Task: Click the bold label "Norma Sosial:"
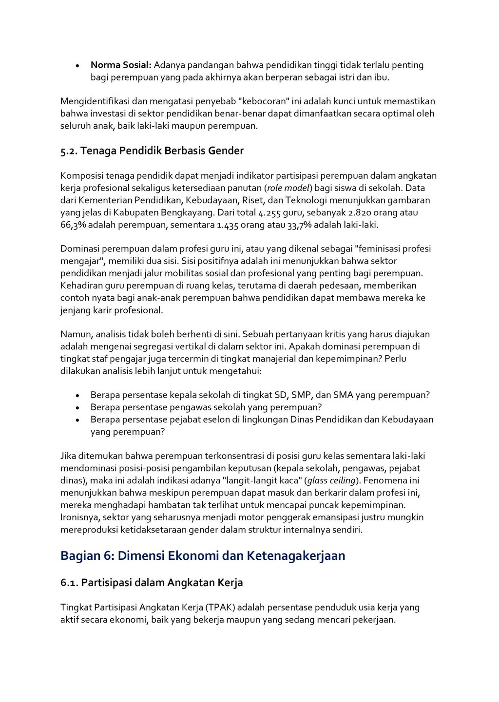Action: click(x=121, y=65)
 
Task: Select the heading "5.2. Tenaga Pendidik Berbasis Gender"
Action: click(x=152, y=151)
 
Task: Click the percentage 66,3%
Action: click(x=73, y=225)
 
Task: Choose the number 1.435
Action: click(x=230, y=225)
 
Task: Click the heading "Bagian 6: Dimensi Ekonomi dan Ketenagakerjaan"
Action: click(x=202, y=556)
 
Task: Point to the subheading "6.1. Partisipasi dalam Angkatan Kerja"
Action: click(x=152, y=583)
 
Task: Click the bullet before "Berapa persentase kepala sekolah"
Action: click(x=78, y=396)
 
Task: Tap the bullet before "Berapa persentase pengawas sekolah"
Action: click(x=78, y=408)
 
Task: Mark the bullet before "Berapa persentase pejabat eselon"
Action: click(x=78, y=420)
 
